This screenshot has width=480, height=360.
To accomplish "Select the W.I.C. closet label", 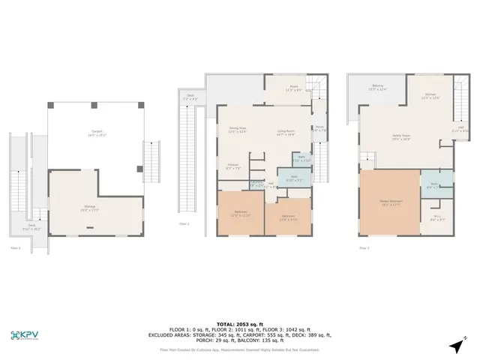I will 439,218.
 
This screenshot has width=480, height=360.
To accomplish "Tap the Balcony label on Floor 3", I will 379,88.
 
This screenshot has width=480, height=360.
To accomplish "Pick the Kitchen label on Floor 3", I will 429,96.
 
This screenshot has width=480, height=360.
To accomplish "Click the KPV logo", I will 26,335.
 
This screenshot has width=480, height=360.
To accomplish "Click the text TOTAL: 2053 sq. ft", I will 239,319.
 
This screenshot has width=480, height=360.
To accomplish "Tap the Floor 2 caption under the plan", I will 184,223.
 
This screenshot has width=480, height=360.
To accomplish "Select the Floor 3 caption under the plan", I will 364,247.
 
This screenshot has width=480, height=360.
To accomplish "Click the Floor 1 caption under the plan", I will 14,247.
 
